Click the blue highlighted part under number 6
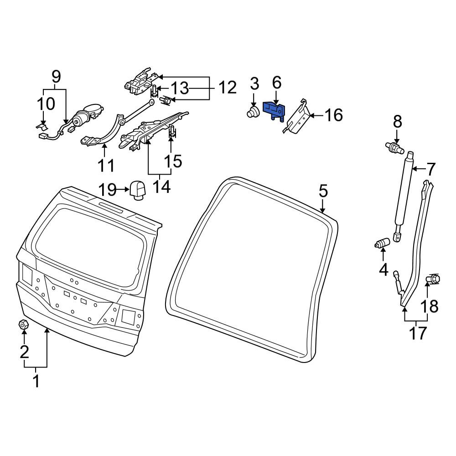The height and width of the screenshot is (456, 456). (274, 110)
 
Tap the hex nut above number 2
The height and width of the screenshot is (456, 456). (23, 324)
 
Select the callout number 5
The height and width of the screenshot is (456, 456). (323, 192)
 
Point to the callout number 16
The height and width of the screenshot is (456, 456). (334, 115)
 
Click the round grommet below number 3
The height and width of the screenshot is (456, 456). (253, 112)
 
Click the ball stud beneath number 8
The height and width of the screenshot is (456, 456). (394, 146)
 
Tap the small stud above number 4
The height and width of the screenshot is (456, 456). (382, 244)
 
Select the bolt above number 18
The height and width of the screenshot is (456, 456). (432, 279)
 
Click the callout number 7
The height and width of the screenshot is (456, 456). (431, 169)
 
